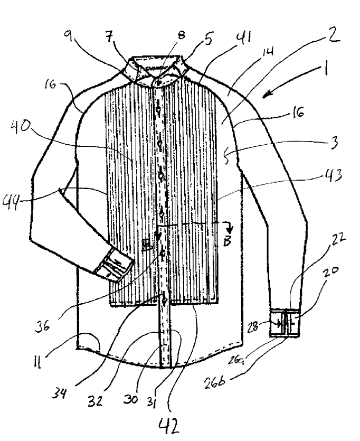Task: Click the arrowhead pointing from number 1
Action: coord(265,96)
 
